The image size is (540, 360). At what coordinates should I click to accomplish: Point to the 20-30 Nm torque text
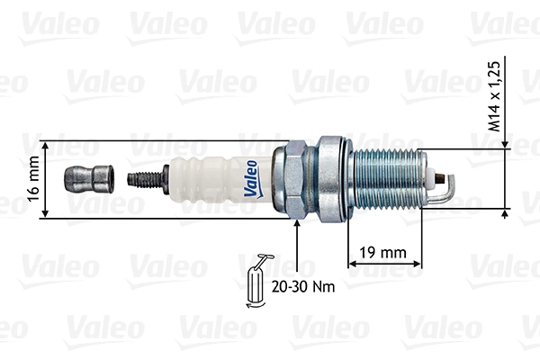click(x=298, y=288)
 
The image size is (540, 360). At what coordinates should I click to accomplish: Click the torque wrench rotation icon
click(x=255, y=283)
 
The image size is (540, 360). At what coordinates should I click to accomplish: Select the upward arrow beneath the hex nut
click(x=297, y=225)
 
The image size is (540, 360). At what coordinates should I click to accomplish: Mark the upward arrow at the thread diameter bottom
click(x=505, y=214)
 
